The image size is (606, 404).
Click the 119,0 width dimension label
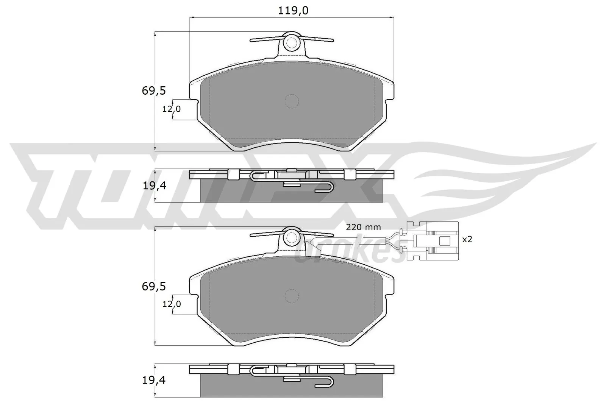click(x=293, y=11)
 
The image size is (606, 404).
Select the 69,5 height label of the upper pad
click(x=154, y=91)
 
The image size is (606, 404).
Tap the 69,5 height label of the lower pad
click(x=154, y=287)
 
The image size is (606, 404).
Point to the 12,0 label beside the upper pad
click(x=172, y=109)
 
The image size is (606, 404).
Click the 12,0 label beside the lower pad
click(x=172, y=304)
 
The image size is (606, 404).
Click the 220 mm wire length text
click(x=363, y=227)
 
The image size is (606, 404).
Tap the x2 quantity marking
click(x=467, y=239)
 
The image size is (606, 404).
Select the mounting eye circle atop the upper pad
click(x=291, y=42)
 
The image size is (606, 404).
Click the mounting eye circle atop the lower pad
click(x=291, y=237)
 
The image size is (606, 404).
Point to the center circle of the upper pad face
click(x=291, y=101)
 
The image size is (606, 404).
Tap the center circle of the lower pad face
click(x=291, y=296)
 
